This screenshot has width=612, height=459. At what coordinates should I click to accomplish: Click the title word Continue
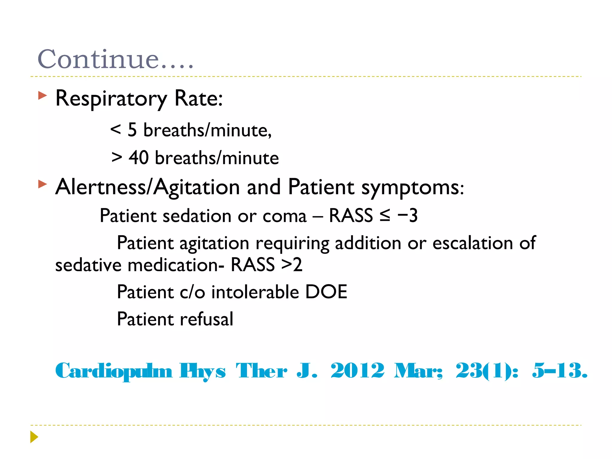[x=99, y=59]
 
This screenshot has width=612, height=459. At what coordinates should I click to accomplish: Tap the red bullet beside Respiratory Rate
[x=42, y=96]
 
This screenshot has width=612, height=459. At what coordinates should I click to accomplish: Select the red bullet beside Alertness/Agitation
[x=42, y=184]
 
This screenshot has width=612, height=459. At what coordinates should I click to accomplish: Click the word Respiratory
[x=111, y=99]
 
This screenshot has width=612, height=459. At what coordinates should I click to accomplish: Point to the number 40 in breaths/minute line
[x=139, y=158]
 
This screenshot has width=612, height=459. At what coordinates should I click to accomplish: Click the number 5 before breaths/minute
[x=132, y=130]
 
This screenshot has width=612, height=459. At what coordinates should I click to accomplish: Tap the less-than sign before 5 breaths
[x=116, y=129]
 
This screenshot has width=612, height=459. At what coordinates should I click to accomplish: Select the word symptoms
[x=412, y=188]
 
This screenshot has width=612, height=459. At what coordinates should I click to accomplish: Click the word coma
[x=284, y=216]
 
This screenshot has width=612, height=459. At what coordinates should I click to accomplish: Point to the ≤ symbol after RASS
[x=385, y=215]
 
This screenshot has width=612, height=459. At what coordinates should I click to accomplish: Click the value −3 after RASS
[x=408, y=215]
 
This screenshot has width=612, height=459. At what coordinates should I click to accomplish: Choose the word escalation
[x=472, y=243]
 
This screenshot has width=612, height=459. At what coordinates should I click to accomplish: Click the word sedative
[x=88, y=265]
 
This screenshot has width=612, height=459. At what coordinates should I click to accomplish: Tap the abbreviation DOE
[x=326, y=292]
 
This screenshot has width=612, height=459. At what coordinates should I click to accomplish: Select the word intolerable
[x=255, y=292]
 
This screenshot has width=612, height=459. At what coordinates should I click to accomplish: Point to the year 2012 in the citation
[x=357, y=371]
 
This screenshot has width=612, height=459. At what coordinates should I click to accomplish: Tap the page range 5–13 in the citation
[x=559, y=371]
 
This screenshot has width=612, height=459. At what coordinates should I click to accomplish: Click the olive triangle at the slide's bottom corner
[x=34, y=437]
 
